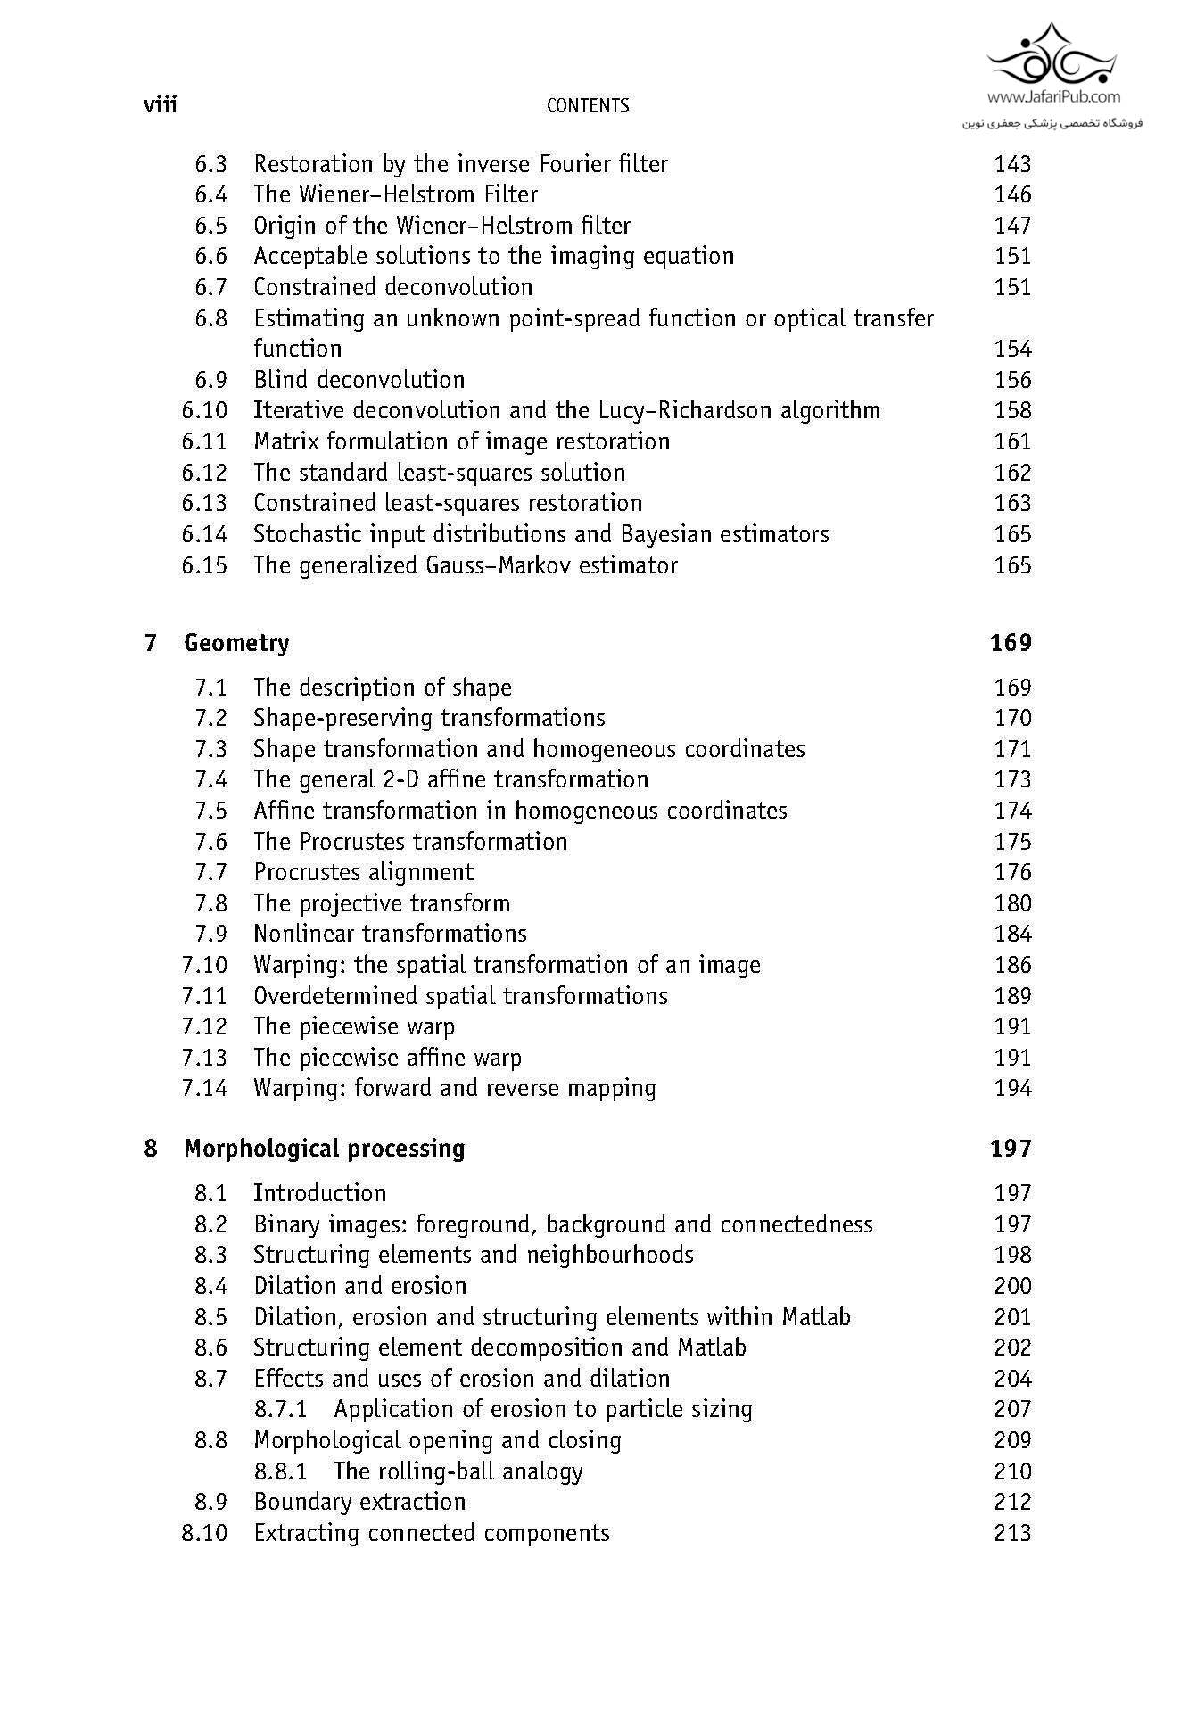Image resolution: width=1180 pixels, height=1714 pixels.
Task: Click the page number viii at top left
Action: [x=161, y=105]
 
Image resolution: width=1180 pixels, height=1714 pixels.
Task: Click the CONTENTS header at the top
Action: [x=587, y=106]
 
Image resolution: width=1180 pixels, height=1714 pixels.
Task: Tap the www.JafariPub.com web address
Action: [x=1053, y=97]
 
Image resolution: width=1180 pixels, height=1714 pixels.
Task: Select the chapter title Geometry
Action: [x=236, y=643]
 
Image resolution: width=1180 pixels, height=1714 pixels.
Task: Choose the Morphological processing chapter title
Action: [x=324, y=1149]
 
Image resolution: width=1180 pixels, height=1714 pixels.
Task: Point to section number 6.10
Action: [x=204, y=410]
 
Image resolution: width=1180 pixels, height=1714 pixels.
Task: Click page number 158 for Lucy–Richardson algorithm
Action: [x=1012, y=410]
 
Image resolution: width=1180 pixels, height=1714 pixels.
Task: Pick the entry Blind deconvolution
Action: [x=359, y=380]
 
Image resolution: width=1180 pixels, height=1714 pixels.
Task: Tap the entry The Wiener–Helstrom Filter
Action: [x=395, y=194]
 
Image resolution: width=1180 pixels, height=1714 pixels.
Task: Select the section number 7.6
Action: [x=210, y=842]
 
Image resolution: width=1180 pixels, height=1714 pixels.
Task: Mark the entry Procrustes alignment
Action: [x=363, y=872]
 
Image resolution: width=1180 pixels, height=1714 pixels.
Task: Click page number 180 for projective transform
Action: [x=1012, y=903]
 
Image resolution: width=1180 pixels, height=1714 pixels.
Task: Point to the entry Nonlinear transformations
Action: [x=390, y=934]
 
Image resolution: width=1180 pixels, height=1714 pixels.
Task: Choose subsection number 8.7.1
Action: [x=280, y=1410]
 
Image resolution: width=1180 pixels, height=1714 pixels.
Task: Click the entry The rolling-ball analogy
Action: [x=458, y=1471]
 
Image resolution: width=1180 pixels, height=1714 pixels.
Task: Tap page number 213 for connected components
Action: [x=1012, y=1533]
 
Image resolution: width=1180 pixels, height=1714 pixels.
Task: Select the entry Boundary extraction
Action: [x=359, y=1502]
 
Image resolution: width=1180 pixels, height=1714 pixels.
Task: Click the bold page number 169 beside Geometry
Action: [x=1011, y=643]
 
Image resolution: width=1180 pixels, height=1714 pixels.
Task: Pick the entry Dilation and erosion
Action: [x=359, y=1286]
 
